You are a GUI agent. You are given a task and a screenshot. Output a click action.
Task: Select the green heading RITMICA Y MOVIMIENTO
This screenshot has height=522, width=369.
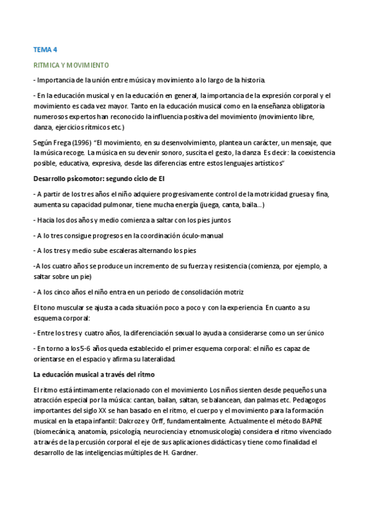click(x=71, y=64)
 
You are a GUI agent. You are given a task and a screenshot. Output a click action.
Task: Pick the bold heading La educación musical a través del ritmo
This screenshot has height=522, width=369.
click(x=94, y=374)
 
